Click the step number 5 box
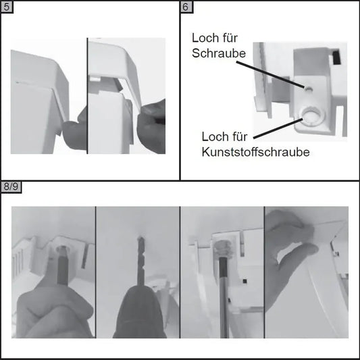click(7, 7)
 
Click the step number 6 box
click(186, 7)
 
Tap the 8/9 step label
click(11, 187)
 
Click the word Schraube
click(219, 53)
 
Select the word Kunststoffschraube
click(256, 152)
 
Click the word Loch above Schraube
click(203, 38)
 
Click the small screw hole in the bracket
click(308, 88)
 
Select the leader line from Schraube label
click(271, 74)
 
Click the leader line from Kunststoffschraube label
click(278, 128)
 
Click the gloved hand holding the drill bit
click(139, 312)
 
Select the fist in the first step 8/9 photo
click(55, 312)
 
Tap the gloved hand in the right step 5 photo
click(151, 126)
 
